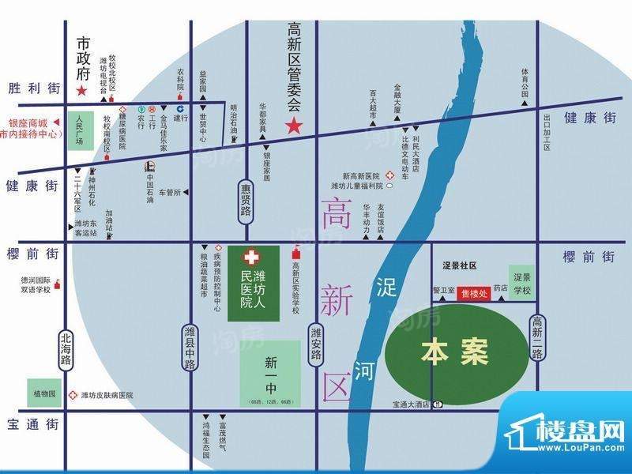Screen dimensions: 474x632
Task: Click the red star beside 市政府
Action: (81, 92)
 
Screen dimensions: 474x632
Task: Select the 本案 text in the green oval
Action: (453, 352)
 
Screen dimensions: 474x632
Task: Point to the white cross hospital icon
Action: (250, 258)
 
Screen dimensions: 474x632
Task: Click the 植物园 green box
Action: (45, 393)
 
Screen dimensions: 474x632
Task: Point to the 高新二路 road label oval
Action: (537, 336)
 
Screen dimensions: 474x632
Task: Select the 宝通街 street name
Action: (32, 424)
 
